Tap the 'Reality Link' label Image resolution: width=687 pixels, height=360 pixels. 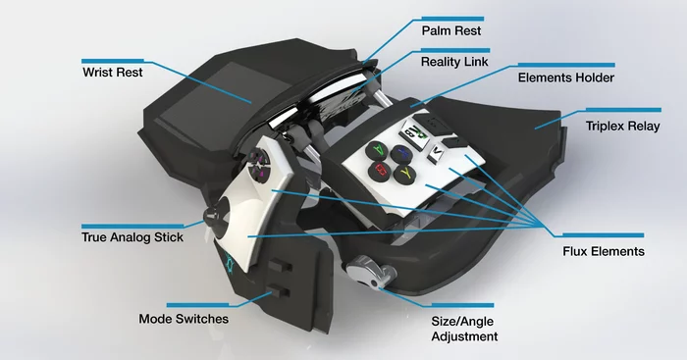[x=454, y=62]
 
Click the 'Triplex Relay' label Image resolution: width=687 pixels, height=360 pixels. [x=623, y=127]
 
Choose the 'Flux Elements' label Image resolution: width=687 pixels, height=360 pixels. [x=602, y=251]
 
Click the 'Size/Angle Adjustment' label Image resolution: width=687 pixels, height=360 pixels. [x=464, y=328]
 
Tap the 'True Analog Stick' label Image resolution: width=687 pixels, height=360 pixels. [x=132, y=237]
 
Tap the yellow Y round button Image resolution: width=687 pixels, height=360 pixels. [x=404, y=174]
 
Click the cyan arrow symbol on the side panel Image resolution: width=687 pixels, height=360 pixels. [x=230, y=262]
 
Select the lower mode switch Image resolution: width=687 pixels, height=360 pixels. [x=274, y=290]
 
